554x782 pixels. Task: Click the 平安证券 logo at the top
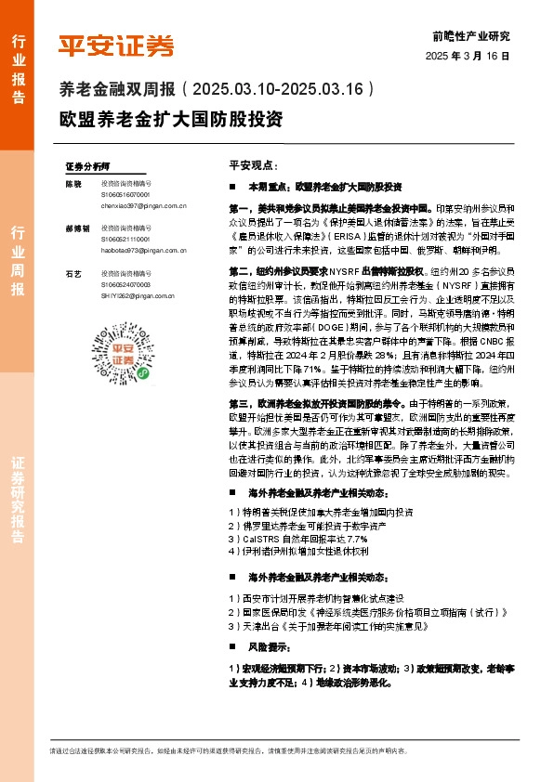pos(116,45)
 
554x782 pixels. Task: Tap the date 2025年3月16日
pos(472,56)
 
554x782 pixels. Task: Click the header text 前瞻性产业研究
pos(471,36)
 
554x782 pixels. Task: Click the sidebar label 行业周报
pos(18,260)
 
